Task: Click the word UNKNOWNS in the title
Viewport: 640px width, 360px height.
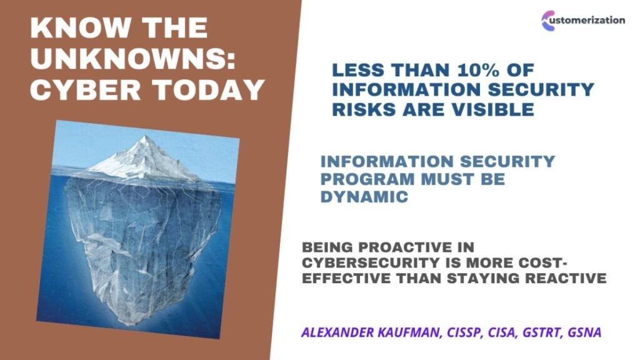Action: tap(133, 58)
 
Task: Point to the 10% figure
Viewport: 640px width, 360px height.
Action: tap(478, 70)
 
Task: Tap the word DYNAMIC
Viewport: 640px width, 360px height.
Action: tap(364, 197)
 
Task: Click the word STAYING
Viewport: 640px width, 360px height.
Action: tap(484, 278)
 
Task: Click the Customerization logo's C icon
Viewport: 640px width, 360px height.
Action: tap(548, 21)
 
